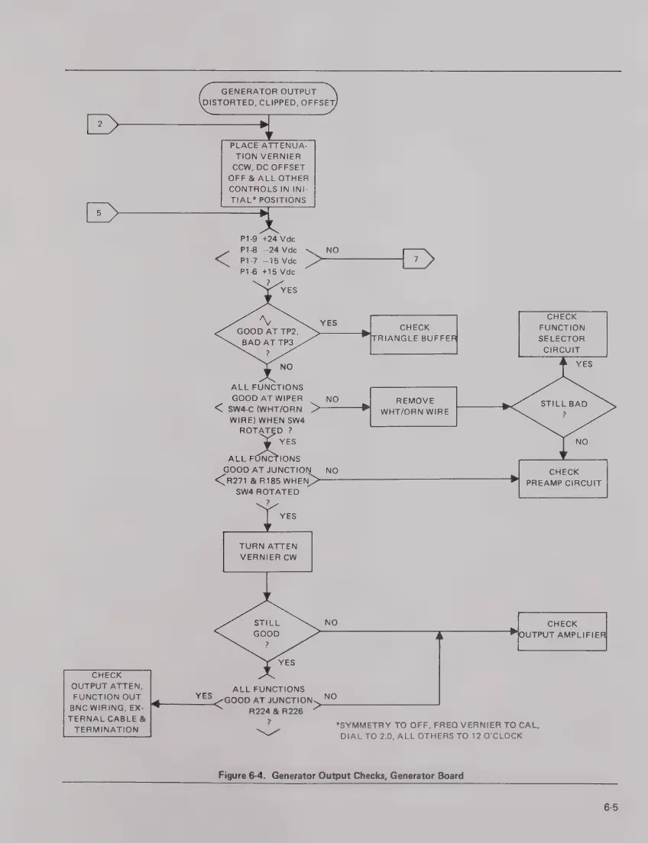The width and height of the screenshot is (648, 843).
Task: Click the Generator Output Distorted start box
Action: pyautogui.click(x=267, y=98)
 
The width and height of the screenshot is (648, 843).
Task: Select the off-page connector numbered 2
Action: pyautogui.click(x=100, y=123)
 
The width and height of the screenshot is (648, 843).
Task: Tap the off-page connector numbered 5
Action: pyautogui.click(x=100, y=212)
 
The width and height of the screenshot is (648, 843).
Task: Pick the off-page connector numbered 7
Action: pyautogui.click(x=418, y=259)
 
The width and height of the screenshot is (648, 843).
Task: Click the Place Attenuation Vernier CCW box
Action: pyautogui.click(x=267, y=173)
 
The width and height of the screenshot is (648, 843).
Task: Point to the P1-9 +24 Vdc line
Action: pyautogui.click(x=267, y=238)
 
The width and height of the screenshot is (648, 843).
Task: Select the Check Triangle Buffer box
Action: pyautogui.click(x=414, y=334)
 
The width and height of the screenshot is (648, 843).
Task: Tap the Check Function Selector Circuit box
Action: pyautogui.click(x=563, y=333)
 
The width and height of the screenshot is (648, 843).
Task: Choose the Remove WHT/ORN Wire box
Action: pyautogui.click(x=414, y=406)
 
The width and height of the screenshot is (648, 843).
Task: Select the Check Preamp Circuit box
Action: pyautogui.click(x=563, y=478)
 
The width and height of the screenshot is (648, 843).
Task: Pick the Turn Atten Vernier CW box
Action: pyautogui.click(x=267, y=551)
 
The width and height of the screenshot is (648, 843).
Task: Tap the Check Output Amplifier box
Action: pyautogui.click(x=563, y=630)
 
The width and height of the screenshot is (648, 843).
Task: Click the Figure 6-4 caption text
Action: pyautogui.click(x=340, y=775)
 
